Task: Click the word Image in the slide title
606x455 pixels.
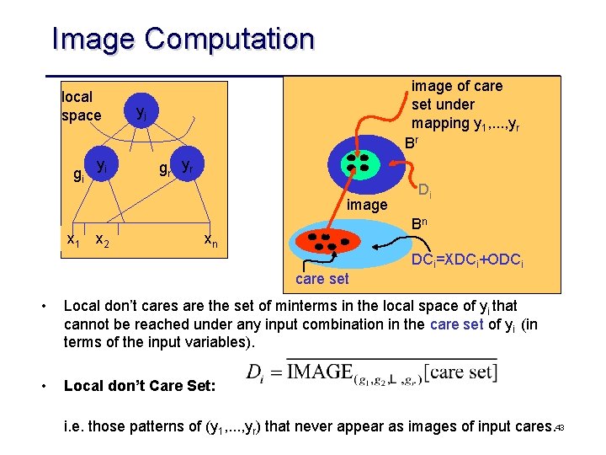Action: (x=93, y=39)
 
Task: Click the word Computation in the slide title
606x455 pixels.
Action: (x=229, y=39)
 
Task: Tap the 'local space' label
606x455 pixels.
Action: (x=81, y=106)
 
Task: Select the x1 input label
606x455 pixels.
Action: (x=74, y=240)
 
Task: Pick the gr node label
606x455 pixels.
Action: (x=165, y=168)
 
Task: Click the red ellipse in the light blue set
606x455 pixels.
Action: (x=329, y=242)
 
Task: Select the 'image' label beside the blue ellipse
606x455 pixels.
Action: (x=367, y=205)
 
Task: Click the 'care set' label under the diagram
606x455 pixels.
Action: (x=322, y=279)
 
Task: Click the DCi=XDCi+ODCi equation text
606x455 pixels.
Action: (x=467, y=262)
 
